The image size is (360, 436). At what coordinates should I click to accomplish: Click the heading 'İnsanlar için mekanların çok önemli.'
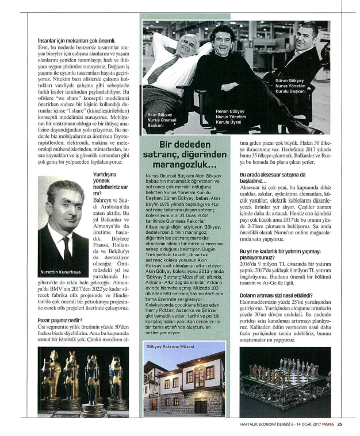coord(77,40)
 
